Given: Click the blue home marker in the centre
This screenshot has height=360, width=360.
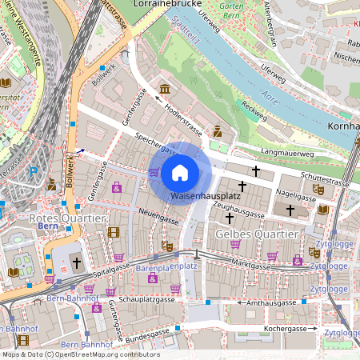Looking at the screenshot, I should (x=180, y=172).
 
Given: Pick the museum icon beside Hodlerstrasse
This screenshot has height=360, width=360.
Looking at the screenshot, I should (x=165, y=87).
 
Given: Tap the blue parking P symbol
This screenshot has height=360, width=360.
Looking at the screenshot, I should (x=33, y=171).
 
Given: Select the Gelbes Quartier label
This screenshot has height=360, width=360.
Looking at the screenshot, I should (x=257, y=233).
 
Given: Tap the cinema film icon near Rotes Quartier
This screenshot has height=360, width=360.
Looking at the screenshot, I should (x=113, y=232).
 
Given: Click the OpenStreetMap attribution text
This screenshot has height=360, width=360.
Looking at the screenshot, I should (x=80, y=354).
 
